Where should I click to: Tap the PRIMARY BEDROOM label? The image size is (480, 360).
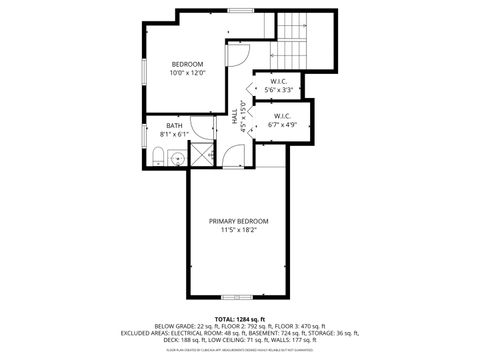(x=238, y=221)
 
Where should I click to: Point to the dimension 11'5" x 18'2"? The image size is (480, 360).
(x=238, y=231)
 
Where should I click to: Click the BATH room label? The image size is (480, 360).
(x=174, y=125)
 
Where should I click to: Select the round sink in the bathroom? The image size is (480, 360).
(x=178, y=157)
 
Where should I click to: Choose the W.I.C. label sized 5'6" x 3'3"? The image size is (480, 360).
(x=281, y=81)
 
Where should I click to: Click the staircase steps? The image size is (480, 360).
(x=293, y=38)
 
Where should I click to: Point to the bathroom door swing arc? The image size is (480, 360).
(x=205, y=128)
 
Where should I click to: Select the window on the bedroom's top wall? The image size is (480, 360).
(x=239, y=10)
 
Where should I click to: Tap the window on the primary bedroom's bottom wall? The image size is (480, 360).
(x=239, y=296)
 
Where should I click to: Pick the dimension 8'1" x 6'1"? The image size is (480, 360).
(x=174, y=134)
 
